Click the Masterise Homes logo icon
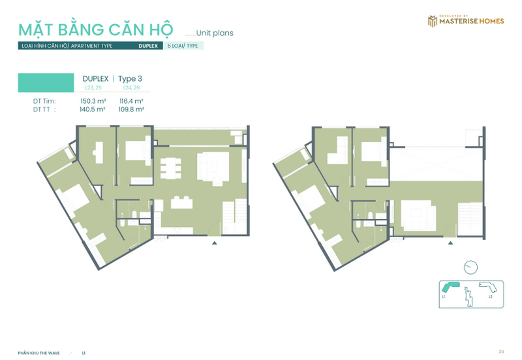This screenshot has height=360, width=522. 431,22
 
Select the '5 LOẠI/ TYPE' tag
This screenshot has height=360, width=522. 184,46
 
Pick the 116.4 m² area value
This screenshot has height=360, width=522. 131,101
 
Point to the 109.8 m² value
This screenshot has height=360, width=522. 131,110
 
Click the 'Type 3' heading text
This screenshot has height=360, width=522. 130,79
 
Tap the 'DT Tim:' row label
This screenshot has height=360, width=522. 44,101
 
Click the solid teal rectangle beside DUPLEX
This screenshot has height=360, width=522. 46,82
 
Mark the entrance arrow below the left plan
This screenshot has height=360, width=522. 215,243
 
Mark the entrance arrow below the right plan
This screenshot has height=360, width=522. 450,243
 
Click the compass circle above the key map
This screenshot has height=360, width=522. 470,267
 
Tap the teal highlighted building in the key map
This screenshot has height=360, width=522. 451,288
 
